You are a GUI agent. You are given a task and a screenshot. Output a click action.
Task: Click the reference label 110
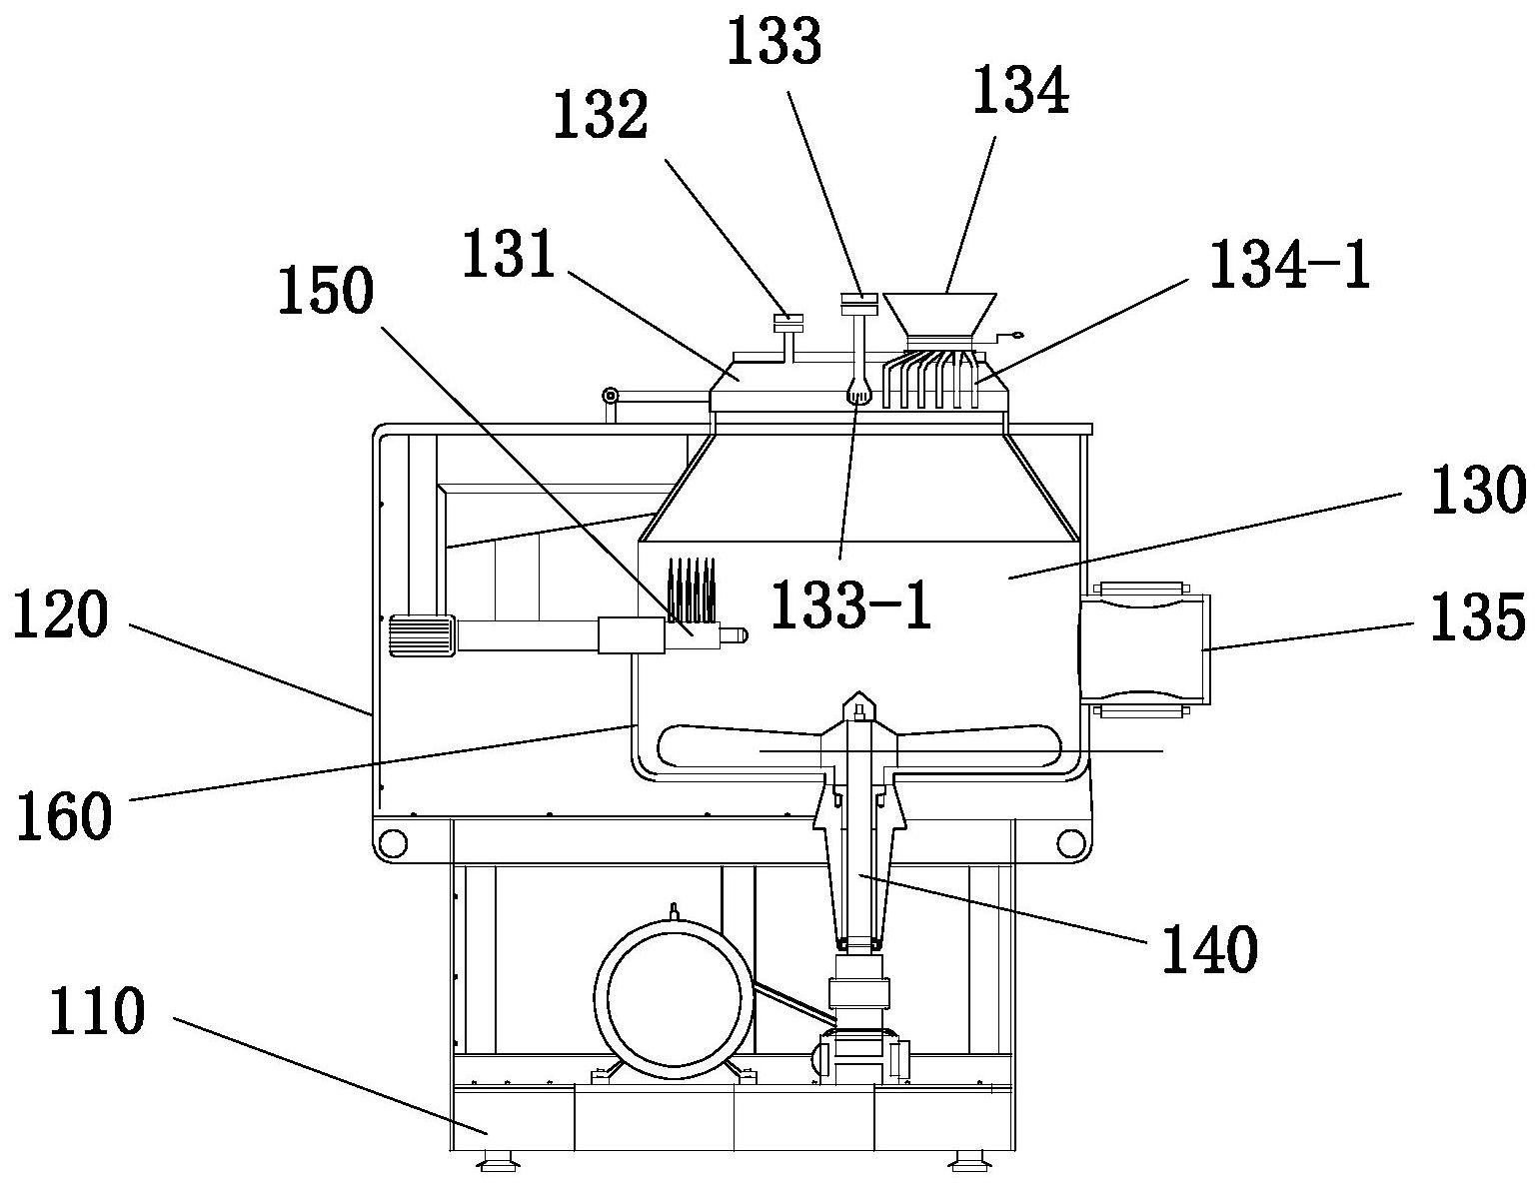coord(97,1014)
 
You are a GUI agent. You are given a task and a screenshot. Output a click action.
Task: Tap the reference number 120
coord(60,616)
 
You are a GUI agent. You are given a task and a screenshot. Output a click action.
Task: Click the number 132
coord(602,117)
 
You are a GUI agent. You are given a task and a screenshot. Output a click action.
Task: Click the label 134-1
coord(1288,267)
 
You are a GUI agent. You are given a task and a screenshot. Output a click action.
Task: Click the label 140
coord(1208,949)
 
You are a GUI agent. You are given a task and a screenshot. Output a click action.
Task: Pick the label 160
coord(62,816)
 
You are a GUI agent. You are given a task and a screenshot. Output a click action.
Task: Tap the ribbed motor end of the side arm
coord(421,635)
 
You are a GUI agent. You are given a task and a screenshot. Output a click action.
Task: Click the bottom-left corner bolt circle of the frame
coord(393,843)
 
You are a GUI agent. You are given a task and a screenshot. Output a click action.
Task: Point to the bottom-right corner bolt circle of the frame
coord(1070,843)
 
